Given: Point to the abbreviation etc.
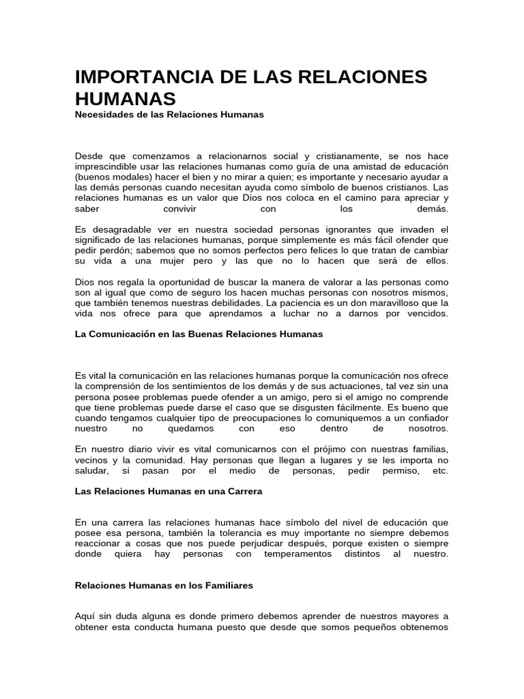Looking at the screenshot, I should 441,471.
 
